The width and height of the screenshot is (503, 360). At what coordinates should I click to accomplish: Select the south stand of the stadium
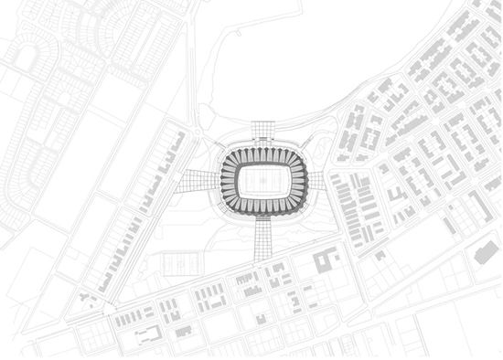pos(264,207)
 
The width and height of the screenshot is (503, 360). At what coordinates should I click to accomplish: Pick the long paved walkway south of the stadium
pos(264,238)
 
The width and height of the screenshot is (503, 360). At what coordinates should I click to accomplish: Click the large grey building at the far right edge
pos(485,252)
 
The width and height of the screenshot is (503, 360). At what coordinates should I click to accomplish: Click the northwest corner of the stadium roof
pos(229,154)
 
